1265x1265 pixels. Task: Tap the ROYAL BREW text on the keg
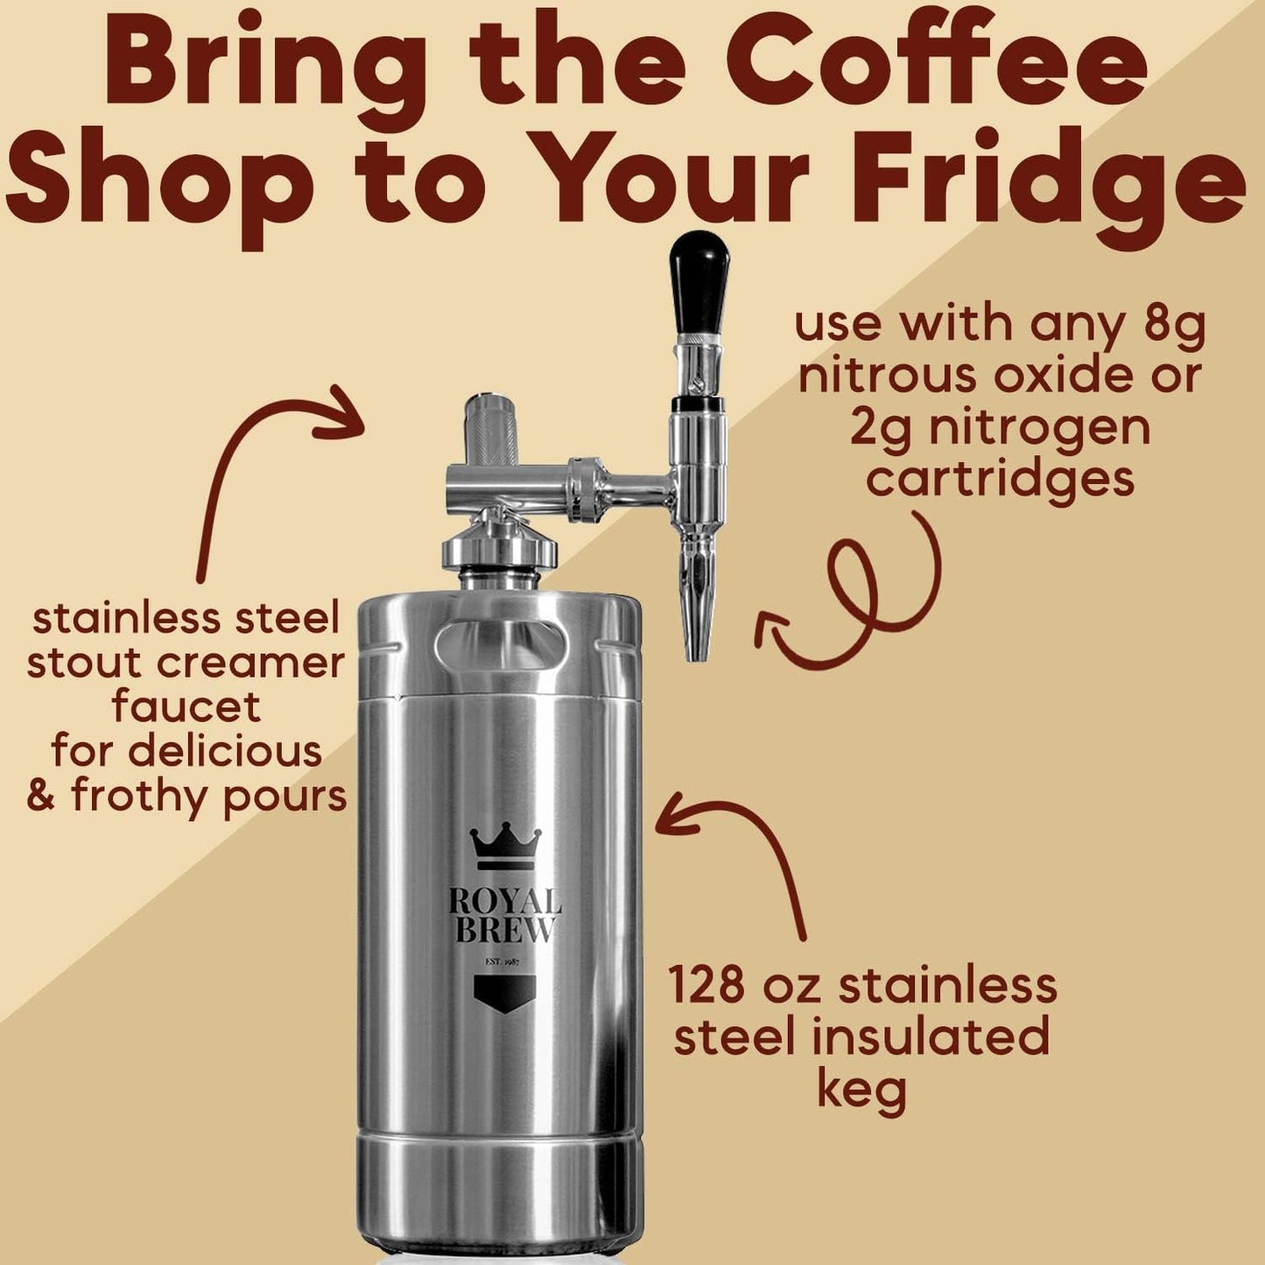[x=505, y=916]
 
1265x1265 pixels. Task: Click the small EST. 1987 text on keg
[x=502, y=962]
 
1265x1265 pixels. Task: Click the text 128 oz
[x=744, y=984]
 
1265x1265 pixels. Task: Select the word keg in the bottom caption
[x=861, y=1092]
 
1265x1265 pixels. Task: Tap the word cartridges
[x=1000, y=479]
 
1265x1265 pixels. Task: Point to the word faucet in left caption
[x=186, y=706]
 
